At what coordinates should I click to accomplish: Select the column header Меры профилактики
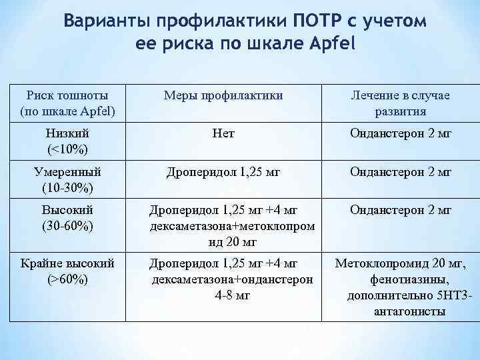point(223,95)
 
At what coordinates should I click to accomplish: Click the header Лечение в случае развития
point(401,103)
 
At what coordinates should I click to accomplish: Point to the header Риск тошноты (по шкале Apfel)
point(67,103)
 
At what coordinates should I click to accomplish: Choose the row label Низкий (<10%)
point(67,141)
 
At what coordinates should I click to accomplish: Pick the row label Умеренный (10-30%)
point(67,179)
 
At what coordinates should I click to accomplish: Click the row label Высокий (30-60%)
point(67,217)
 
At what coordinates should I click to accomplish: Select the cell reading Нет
point(223,134)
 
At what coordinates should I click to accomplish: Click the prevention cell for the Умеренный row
point(223,173)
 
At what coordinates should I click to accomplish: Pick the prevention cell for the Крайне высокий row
point(231,279)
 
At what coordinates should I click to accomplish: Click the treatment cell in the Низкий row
point(401,134)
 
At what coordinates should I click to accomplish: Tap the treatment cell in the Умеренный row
point(401,173)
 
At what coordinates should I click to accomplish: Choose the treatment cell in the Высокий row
point(401,211)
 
